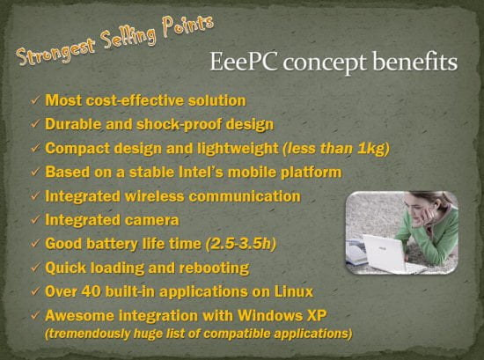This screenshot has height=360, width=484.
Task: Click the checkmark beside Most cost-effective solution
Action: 35,100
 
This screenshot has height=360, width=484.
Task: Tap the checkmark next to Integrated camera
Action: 35,220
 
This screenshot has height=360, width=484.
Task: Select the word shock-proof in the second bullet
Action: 180,124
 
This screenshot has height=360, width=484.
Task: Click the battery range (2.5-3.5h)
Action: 241,244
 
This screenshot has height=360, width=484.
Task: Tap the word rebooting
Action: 214,268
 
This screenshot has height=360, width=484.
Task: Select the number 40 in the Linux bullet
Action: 91,291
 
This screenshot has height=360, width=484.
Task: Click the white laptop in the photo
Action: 385,253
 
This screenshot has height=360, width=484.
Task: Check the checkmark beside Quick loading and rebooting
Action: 35,268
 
